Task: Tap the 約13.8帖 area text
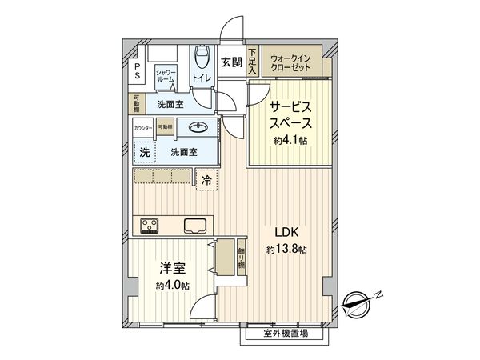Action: [x=286, y=250]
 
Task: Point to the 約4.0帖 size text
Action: [x=174, y=286]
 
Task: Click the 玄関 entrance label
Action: [x=231, y=62]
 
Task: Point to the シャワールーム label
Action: [x=166, y=76]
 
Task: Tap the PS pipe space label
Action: [x=137, y=71]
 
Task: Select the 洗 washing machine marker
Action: [x=145, y=150]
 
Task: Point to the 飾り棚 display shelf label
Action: [x=241, y=258]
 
